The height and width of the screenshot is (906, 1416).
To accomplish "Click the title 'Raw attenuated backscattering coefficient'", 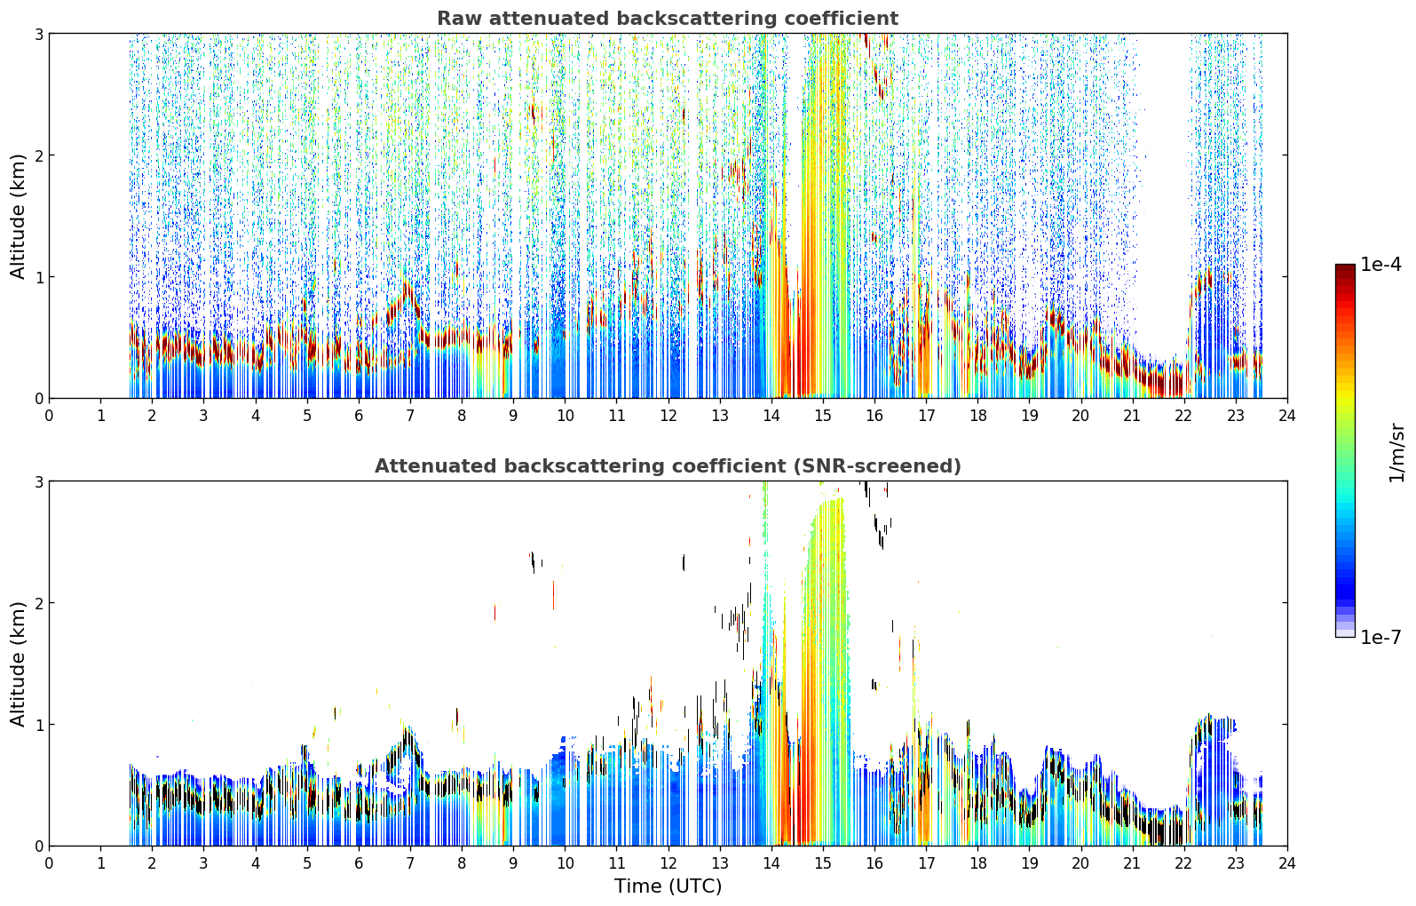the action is [668, 19].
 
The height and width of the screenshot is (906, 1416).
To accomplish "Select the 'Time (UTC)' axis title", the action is [668, 886].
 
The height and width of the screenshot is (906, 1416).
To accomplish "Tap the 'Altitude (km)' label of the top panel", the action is [18, 217].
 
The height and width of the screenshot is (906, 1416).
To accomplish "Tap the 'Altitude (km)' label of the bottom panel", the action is [18, 664].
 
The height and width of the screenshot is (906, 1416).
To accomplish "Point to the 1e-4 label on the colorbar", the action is [1380, 265].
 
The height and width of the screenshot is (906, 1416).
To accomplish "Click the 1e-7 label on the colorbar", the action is [1380, 637].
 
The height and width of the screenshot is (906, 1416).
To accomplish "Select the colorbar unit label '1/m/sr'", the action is [1396, 453].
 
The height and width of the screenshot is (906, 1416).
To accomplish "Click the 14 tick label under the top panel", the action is [771, 416].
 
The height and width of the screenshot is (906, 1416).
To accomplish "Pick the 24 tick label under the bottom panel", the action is [1287, 863].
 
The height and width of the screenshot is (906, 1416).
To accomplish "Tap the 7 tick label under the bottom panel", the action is [410, 863].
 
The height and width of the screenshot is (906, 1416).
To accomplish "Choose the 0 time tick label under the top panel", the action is [50, 416].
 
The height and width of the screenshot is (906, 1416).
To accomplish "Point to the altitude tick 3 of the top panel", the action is [38, 34].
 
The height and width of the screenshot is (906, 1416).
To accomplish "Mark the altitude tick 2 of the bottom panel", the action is [38, 603].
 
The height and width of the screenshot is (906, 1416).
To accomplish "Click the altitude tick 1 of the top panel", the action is [38, 277].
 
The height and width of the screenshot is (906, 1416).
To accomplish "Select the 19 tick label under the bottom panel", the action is [1029, 863].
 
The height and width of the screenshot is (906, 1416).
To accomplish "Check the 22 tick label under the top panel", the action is [1184, 416].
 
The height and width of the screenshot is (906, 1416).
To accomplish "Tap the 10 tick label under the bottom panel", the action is [566, 863].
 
